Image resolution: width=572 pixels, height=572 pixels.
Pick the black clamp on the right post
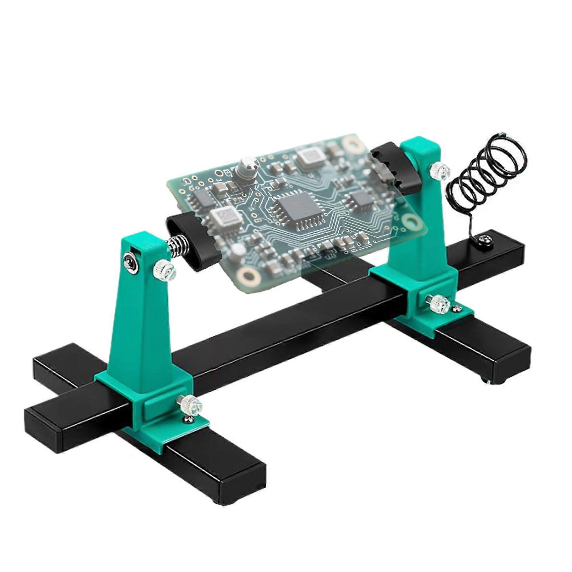[393, 165]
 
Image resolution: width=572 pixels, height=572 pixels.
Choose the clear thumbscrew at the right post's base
[438, 304]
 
